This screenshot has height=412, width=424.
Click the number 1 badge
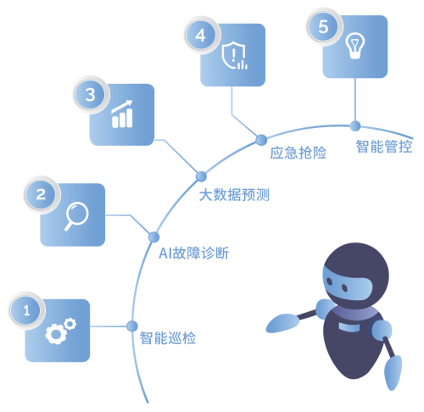point(26,310)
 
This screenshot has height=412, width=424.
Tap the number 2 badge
point(41,194)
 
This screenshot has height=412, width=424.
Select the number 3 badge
point(90,95)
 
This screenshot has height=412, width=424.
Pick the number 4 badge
point(200,36)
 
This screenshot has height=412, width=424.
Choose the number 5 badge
point(323,27)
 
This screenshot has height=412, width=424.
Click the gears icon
point(60,331)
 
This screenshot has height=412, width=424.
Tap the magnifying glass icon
point(76,216)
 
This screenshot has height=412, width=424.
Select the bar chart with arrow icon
point(122,114)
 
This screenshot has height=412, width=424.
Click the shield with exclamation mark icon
point(234,55)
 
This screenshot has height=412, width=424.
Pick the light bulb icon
point(355,46)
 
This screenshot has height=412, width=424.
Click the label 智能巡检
point(168,338)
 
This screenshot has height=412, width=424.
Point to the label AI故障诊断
point(194,253)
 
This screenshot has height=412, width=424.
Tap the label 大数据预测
point(234,195)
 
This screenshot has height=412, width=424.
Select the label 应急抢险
point(298,153)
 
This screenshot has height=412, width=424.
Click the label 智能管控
point(384,147)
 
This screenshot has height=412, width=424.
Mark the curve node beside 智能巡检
point(132,326)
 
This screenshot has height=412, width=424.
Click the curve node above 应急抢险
point(261,140)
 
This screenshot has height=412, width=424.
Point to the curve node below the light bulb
point(355,126)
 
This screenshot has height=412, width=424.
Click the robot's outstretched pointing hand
point(282,323)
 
